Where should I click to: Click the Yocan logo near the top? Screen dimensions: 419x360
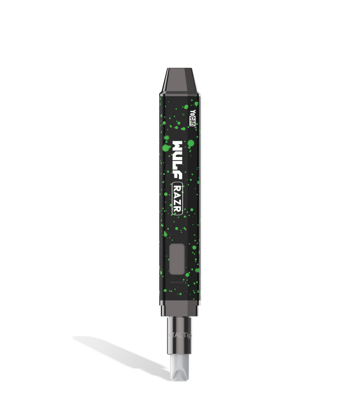[192, 118]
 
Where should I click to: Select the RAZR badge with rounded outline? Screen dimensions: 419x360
[178, 199]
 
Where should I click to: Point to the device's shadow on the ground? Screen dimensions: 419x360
[120, 354]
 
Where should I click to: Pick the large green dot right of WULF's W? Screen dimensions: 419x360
[191, 143]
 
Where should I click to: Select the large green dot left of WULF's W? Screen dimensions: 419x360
[165, 148]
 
